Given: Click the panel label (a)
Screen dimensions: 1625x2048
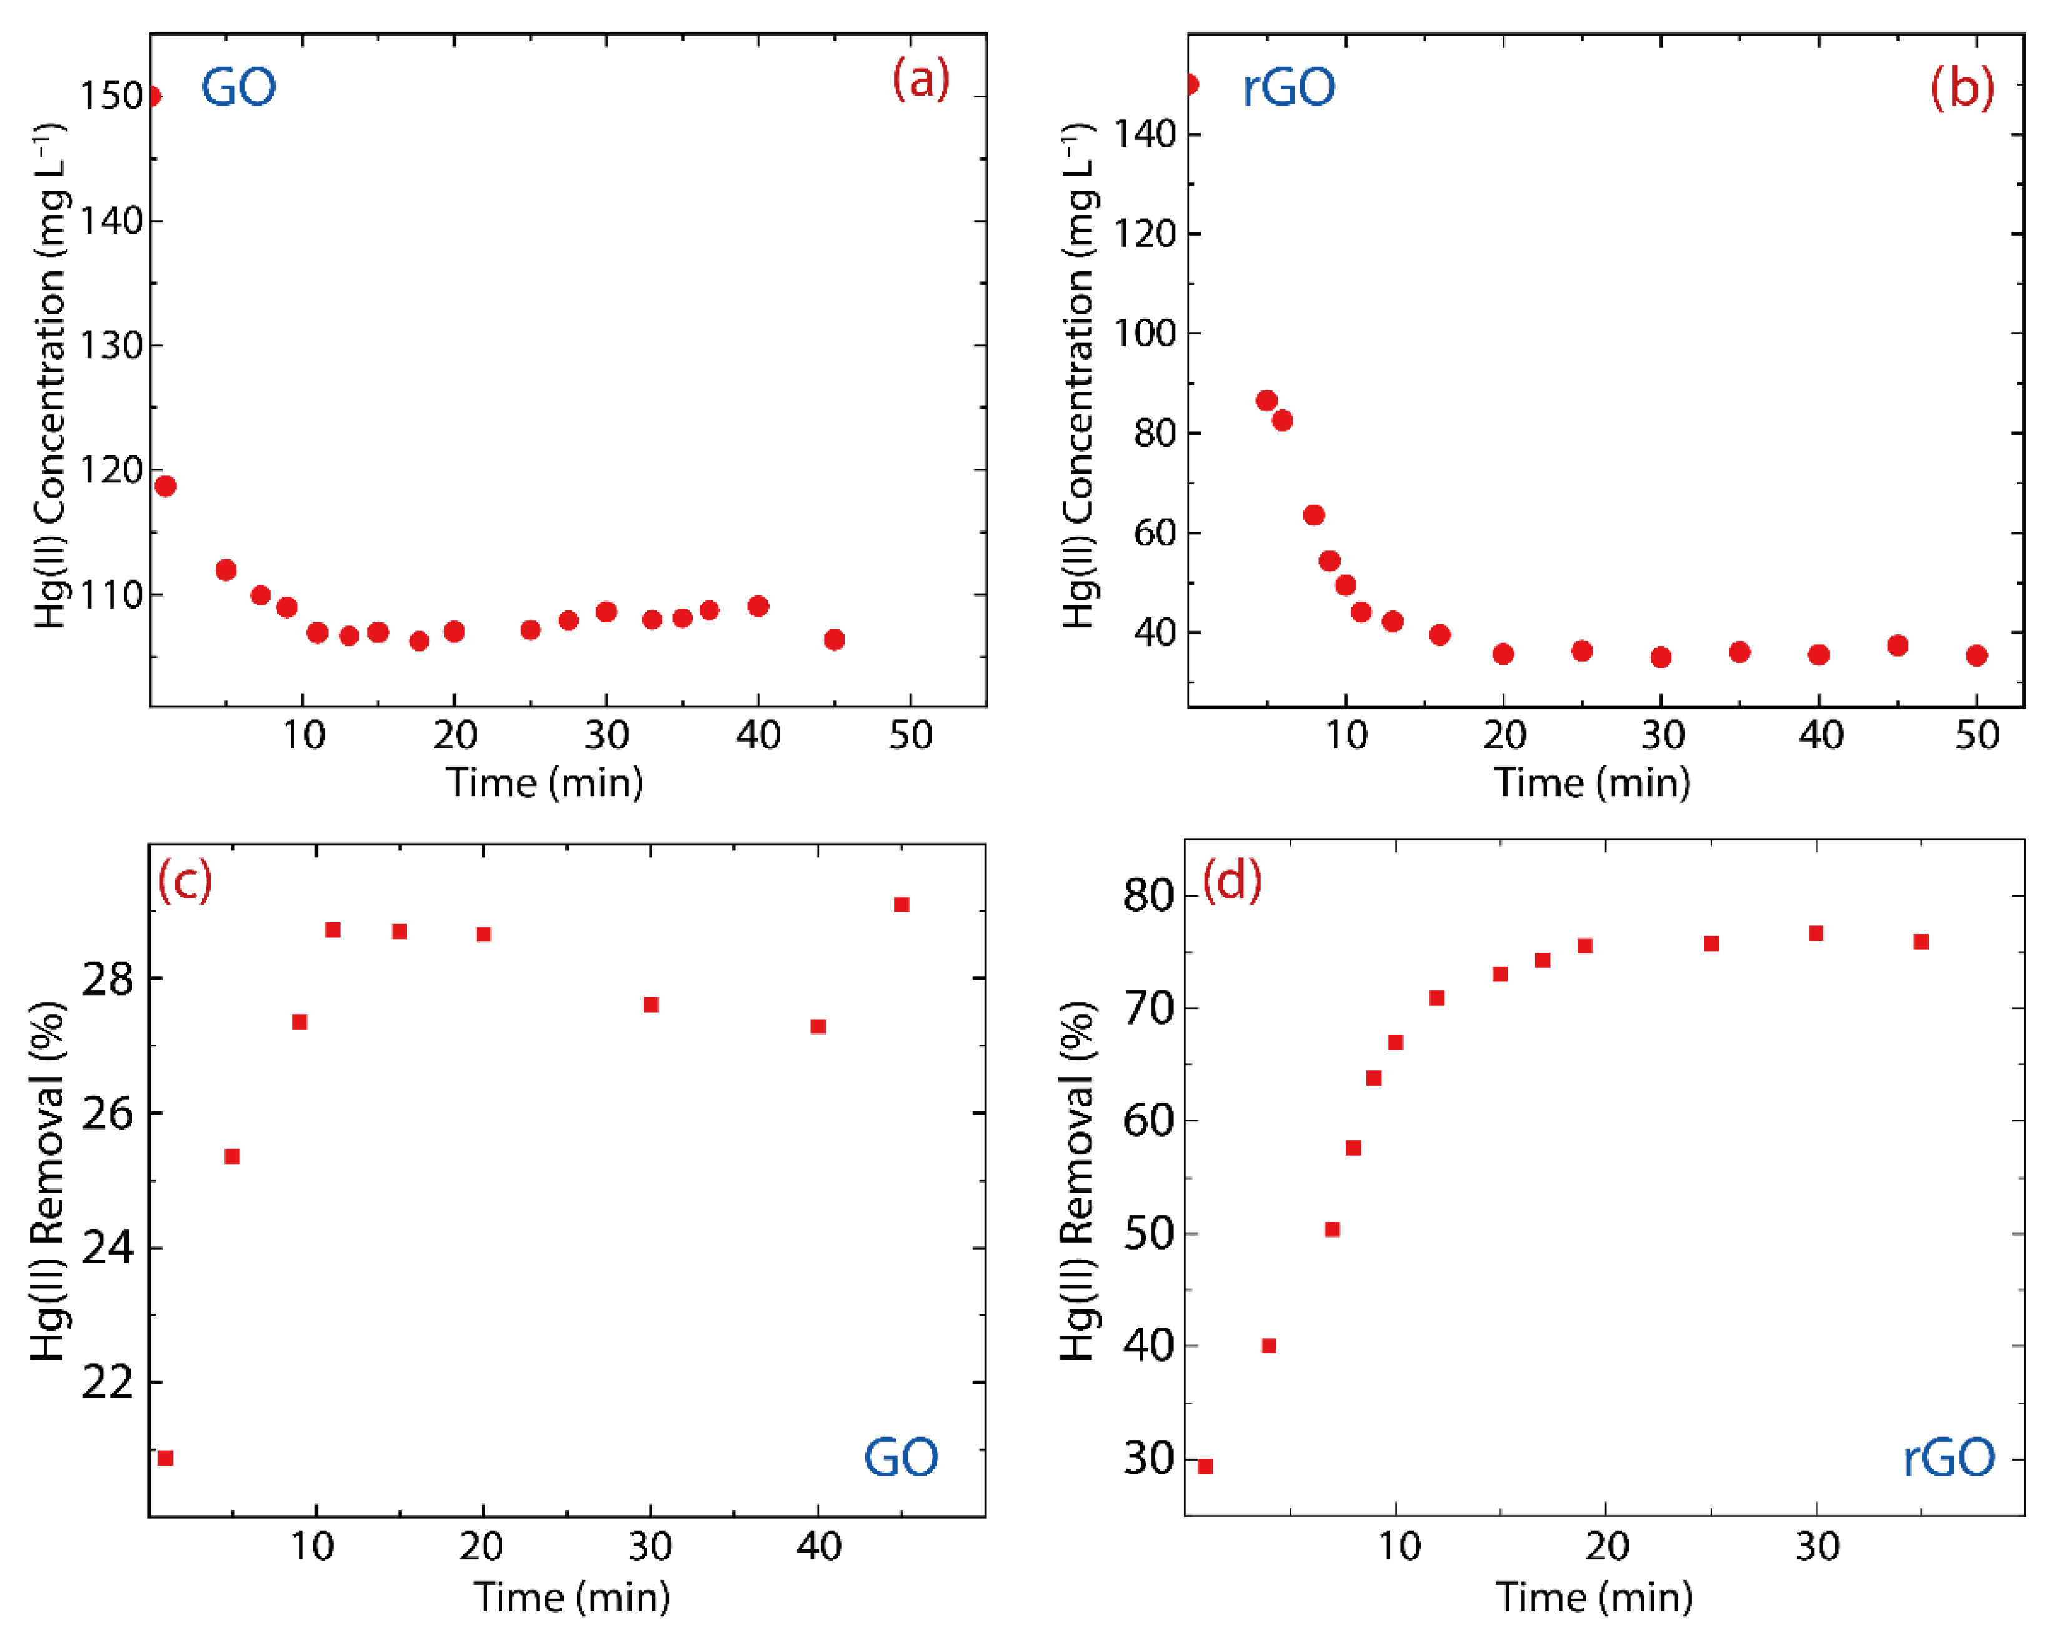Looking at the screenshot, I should click(920, 80).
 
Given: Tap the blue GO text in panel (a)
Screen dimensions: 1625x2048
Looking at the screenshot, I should click(239, 88).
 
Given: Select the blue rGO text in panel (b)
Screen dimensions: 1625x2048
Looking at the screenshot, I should click(1288, 88).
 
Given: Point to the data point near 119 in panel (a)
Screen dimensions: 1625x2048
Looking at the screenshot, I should click(166, 486).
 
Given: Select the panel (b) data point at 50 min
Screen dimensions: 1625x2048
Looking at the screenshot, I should click(1977, 655).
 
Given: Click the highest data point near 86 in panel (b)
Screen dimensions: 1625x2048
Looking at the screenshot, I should click(1266, 401).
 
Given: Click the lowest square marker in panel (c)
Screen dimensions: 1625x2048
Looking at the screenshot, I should click(166, 1458).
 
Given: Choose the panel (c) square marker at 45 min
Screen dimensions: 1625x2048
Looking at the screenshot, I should click(902, 904).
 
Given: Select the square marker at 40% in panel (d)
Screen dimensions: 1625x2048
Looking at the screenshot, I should click(1268, 1346).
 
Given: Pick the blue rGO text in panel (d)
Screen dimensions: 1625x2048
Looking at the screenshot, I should click(1948, 1457).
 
